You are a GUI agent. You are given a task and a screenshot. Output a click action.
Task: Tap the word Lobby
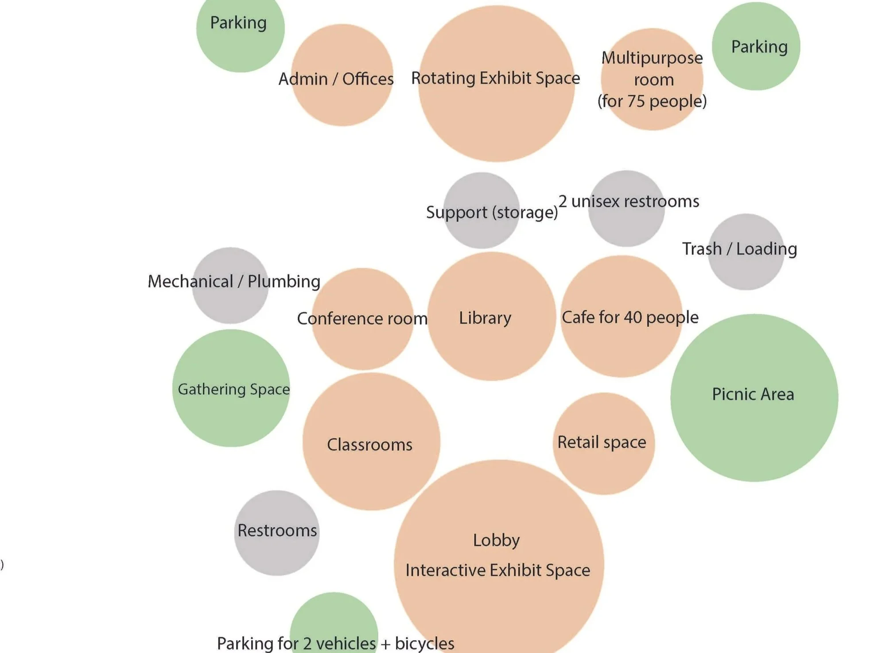coord(496,540)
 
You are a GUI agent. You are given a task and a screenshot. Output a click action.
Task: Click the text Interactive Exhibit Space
coord(498,570)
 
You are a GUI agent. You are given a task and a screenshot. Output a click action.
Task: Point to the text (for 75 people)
coord(652,101)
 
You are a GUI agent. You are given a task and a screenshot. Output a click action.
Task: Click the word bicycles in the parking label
coord(424,643)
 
